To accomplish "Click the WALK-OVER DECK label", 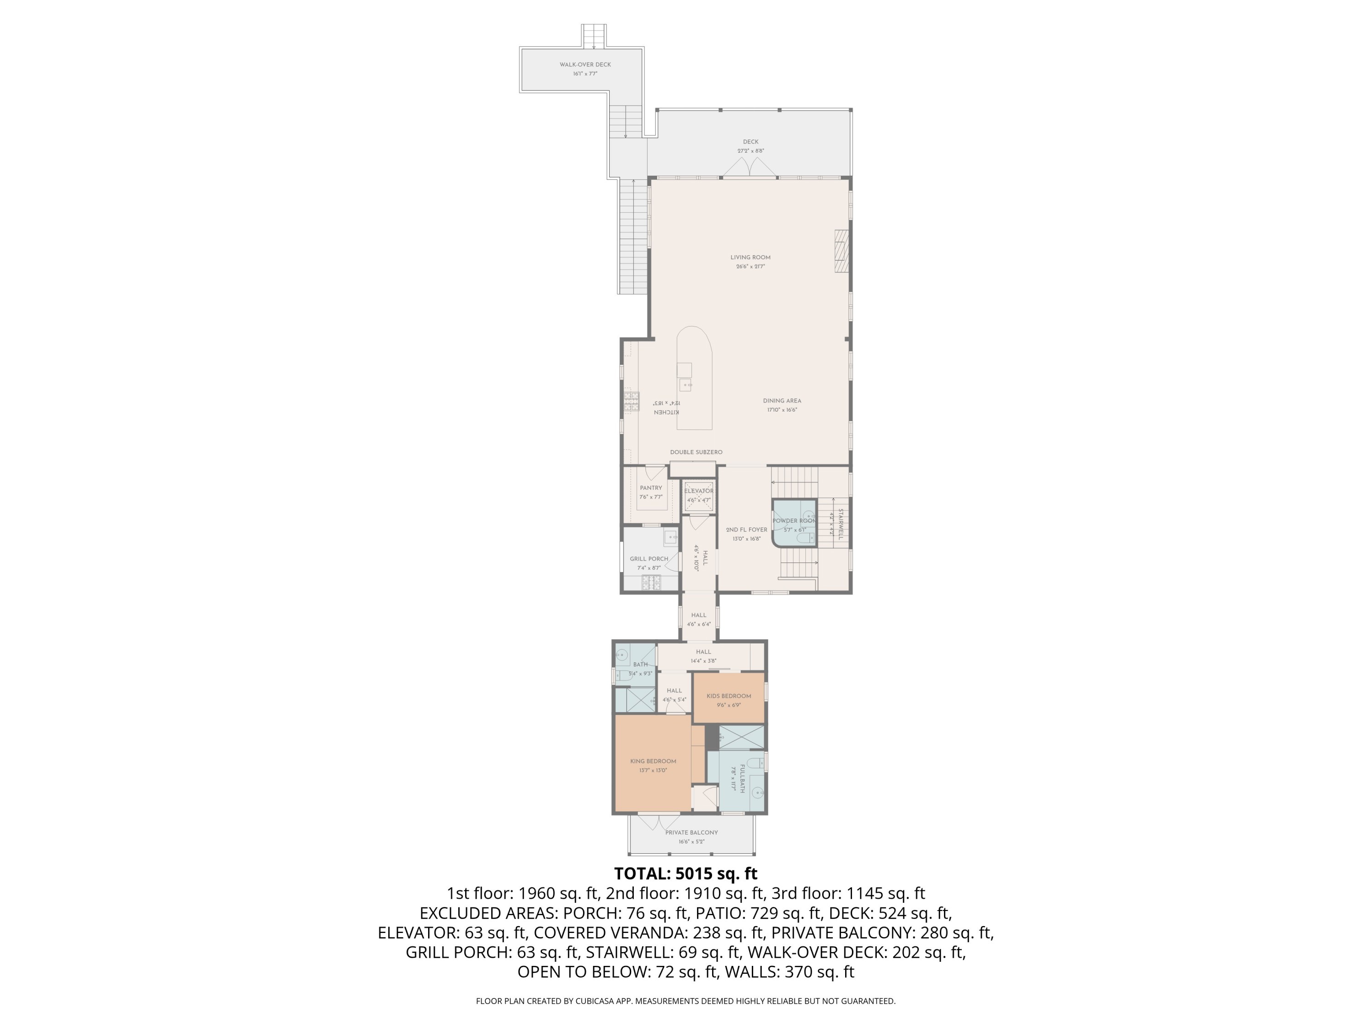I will tap(585, 64).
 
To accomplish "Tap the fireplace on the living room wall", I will tap(841, 251).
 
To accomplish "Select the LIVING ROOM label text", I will tap(750, 257).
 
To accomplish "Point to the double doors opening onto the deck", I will tap(750, 167).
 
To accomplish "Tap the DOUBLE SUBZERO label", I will tap(696, 452).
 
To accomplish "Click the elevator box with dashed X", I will tap(698, 497).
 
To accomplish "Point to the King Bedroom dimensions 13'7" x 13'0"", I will tap(653, 770).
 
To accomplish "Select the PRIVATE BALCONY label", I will tap(691, 832).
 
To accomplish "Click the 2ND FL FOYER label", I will tap(746, 530).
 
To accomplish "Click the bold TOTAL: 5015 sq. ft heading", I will tap(686, 874).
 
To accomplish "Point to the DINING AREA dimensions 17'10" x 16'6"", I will tap(782, 410).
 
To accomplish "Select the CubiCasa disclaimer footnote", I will tap(686, 1001).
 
